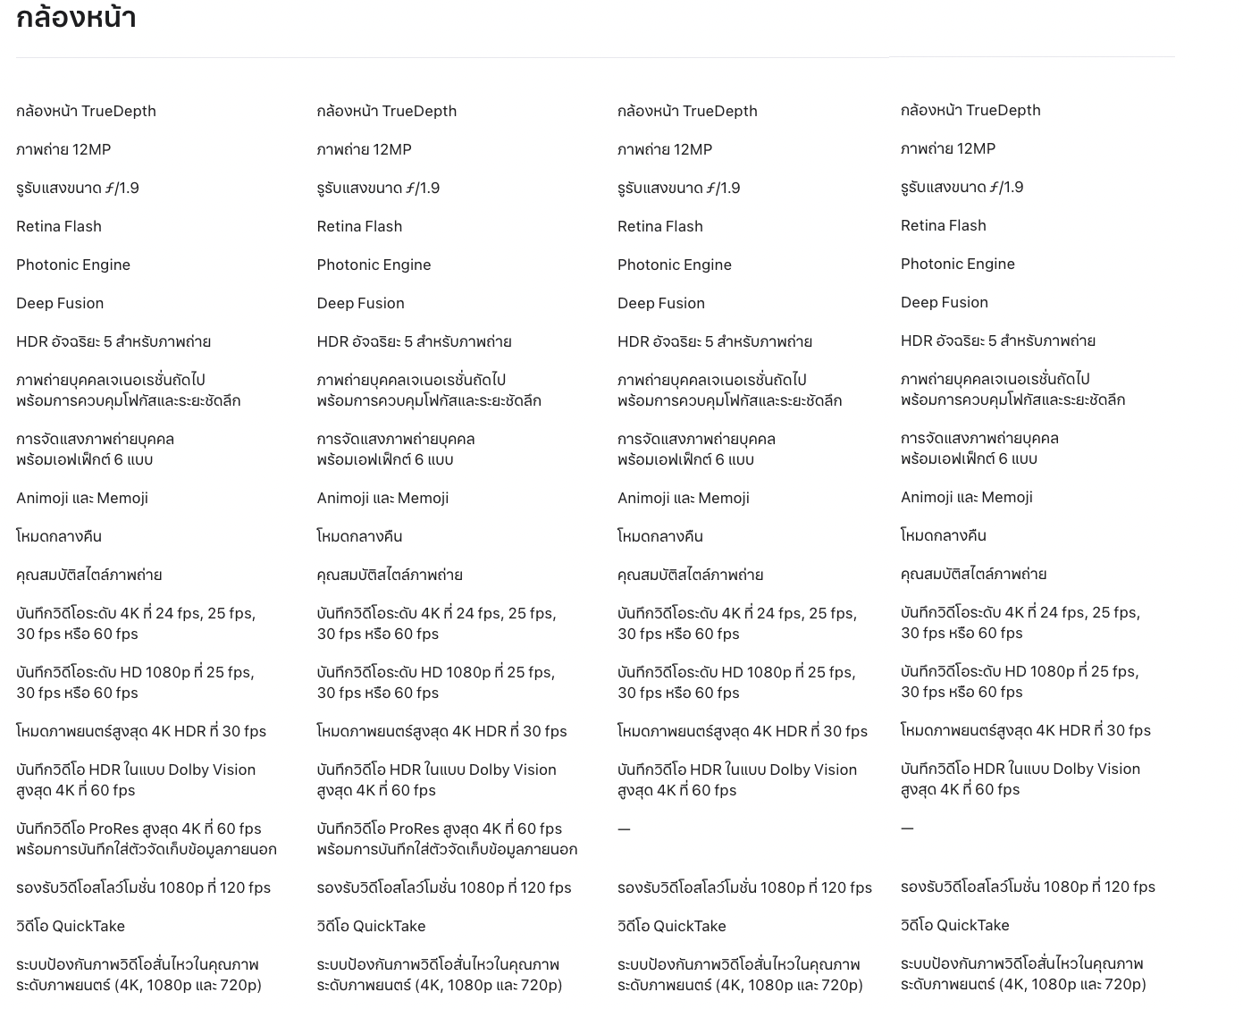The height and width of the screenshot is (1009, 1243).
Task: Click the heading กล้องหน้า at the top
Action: point(76,17)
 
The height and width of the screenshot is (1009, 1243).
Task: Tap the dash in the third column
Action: point(624,829)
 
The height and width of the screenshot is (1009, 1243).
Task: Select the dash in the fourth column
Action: point(907,828)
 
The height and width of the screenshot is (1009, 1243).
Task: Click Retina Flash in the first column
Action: point(59,226)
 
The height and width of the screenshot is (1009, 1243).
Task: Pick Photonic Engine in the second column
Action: point(374,265)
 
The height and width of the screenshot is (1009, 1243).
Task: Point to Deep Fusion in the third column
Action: point(660,303)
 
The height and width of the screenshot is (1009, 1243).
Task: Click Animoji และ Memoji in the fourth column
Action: point(966,497)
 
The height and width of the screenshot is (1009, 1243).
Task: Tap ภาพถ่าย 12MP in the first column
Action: point(63,149)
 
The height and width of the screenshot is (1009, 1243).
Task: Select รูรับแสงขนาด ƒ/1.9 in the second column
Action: point(378,188)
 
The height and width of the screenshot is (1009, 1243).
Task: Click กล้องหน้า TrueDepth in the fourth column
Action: point(970,110)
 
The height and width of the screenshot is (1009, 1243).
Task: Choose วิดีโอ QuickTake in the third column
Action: point(671,926)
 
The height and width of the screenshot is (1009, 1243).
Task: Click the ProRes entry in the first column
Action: point(146,838)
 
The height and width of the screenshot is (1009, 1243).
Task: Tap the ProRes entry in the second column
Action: point(446,838)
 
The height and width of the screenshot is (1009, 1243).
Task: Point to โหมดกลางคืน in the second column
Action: point(359,536)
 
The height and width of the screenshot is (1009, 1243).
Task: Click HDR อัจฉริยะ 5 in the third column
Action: point(714,341)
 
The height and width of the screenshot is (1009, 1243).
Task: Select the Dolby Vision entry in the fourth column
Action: point(1020,778)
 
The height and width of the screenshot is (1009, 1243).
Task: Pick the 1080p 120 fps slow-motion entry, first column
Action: point(143,887)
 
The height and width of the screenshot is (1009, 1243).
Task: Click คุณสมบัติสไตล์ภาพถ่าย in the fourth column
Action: point(973,574)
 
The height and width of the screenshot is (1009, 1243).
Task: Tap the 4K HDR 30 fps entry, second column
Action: point(441,731)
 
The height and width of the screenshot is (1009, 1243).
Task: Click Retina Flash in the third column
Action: point(659,226)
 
